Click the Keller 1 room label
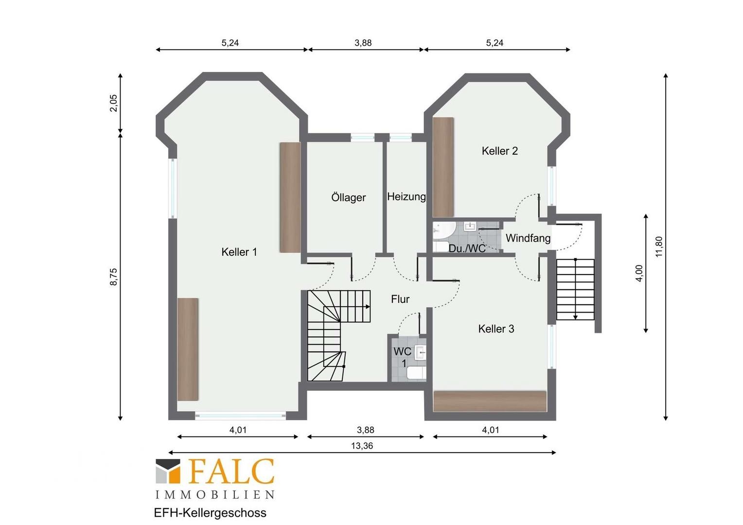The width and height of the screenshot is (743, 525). tap(239, 252)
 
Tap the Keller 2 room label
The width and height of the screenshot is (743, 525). tap(499, 151)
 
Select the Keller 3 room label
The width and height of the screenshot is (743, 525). tap(496, 329)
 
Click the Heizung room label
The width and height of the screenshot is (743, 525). tap(407, 197)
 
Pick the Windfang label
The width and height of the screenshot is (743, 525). tap(528, 238)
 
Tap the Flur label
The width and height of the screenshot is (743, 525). tap(400, 299)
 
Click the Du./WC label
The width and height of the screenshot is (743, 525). tap(467, 248)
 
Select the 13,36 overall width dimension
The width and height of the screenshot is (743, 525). tap(362, 446)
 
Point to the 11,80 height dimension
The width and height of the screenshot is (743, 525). tap(659, 246)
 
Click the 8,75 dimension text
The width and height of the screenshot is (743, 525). tap(113, 277)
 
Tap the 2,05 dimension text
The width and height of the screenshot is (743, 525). tap(113, 103)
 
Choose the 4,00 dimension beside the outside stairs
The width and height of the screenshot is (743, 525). tap(639, 274)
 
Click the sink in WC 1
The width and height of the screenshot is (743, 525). tap(420, 352)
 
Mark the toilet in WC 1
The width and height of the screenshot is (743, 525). tap(416, 373)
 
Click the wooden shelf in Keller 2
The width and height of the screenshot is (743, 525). tap(443, 167)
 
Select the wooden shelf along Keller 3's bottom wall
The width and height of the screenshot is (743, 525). tap(490, 402)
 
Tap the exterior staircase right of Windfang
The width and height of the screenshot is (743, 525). tap(576, 289)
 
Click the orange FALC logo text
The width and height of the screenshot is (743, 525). tap(232, 471)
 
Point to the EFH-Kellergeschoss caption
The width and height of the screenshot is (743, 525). tap(210, 513)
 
